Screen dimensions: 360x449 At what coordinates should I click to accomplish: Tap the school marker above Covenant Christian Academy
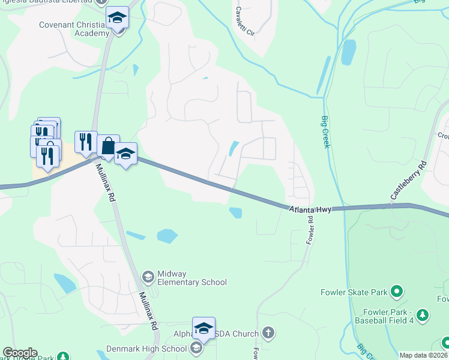[117, 19]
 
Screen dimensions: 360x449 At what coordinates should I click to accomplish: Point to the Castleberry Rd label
[408, 179]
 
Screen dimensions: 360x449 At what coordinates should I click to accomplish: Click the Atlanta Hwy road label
[309, 209]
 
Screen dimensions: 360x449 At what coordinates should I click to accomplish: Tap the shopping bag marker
[108, 146]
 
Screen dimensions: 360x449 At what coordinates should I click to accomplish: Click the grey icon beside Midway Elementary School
[148, 277]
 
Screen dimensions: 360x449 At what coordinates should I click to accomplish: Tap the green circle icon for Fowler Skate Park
[396, 292]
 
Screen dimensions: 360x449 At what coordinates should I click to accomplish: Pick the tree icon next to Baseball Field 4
[423, 314]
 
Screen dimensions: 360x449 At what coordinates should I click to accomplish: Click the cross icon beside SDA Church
[268, 333]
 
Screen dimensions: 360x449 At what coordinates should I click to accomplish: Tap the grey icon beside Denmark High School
[196, 348]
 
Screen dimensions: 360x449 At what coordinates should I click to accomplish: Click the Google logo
[20, 353]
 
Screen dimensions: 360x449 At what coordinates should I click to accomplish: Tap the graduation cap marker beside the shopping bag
[125, 154]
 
